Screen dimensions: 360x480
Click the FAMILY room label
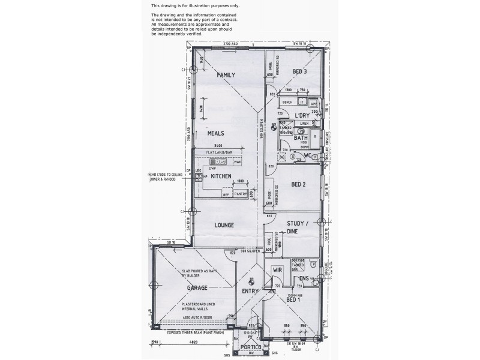click(226, 75)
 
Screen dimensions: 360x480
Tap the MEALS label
click(216, 133)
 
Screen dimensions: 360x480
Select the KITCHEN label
click(222, 176)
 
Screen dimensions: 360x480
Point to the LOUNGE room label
click(224, 225)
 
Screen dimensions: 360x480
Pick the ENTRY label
click(251, 292)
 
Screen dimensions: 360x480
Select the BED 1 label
click(295, 299)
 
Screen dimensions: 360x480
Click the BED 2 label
click(299, 185)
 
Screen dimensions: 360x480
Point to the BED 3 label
click(299, 72)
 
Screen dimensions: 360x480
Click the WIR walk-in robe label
click(277, 271)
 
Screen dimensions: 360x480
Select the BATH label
click(301, 138)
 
